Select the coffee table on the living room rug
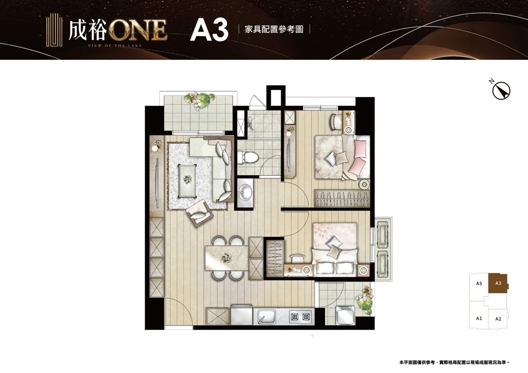(x=188, y=180)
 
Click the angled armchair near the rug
(x=200, y=213)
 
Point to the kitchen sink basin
(x=267, y=317)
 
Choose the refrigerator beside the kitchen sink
(x=242, y=315)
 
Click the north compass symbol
(x=501, y=90)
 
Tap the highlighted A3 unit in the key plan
(x=499, y=283)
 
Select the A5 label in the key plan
(x=479, y=284)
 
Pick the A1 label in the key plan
(x=479, y=318)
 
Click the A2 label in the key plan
(x=499, y=319)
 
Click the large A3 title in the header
(x=209, y=29)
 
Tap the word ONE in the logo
(x=138, y=30)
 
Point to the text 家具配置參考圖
(x=274, y=29)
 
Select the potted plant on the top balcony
(x=200, y=100)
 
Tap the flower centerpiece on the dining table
(x=226, y=258)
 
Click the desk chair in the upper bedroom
(x=336, y=122)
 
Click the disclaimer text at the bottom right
(x=454, y=363)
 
